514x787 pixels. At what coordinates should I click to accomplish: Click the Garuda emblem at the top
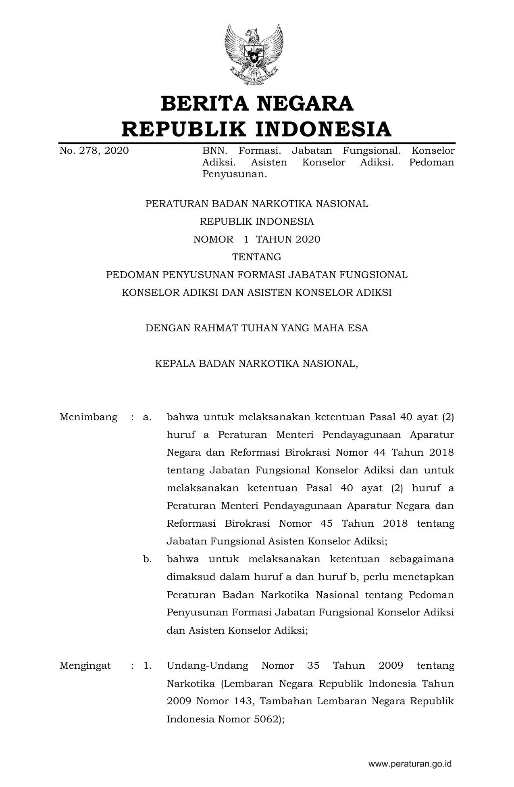(x=254, y=54)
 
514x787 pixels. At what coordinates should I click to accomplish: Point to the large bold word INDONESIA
(x=324, y=129)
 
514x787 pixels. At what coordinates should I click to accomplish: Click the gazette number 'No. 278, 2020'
(x=94, y=151)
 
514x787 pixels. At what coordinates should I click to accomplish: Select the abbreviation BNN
(x=214, y=151)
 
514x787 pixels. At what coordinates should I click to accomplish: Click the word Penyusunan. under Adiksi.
(x=235, y=174)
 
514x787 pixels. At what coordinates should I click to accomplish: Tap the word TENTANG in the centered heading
(x=257, y=257)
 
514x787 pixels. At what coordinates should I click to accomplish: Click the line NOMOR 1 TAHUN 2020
(x=257, y=239)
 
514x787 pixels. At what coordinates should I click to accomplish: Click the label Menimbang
(x=88, y=417)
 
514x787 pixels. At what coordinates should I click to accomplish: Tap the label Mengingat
(x=85, y=666)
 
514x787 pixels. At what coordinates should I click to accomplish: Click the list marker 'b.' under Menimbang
(x=147, y=559)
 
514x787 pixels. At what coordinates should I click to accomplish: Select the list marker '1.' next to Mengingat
(x=148, y=666)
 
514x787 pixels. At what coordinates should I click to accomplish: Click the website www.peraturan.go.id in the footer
(x=410, y=764)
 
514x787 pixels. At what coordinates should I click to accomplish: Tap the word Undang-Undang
(x=207, y=666)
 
